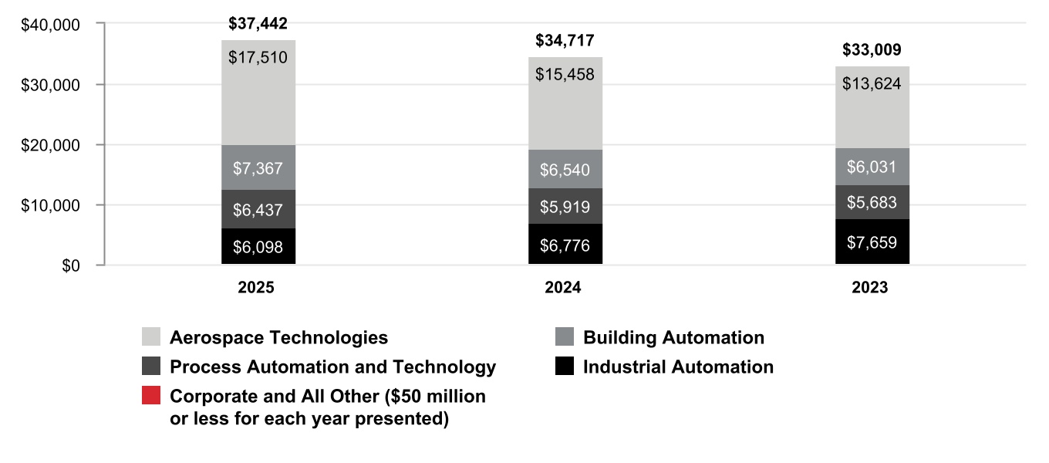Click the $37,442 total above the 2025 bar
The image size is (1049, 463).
[258, 23]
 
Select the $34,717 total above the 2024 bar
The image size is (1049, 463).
[565, 41]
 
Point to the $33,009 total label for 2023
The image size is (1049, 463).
[872, 49]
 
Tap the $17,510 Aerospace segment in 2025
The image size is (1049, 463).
[258, 93]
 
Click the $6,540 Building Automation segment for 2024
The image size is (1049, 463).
[565, 169]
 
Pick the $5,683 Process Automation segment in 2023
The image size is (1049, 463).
[872, 202]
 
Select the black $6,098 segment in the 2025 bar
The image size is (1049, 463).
[258, 246]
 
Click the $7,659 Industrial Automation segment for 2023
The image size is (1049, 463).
[872, 242]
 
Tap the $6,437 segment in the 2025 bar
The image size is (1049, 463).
[258, 209]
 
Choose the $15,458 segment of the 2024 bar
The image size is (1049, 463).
[565, 103]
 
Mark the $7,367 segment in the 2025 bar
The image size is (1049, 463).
[258, 167]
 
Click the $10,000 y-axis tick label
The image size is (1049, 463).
[50, 205]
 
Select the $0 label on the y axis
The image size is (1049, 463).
[71, 265]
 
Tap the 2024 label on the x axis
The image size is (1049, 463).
[562, 287]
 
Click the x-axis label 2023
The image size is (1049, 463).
[869, 287]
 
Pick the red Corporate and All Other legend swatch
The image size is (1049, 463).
[151, 395]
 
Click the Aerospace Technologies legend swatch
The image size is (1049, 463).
[151, 336]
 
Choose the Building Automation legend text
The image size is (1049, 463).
[673, 337]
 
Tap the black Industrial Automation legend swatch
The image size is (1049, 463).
[565, 366]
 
